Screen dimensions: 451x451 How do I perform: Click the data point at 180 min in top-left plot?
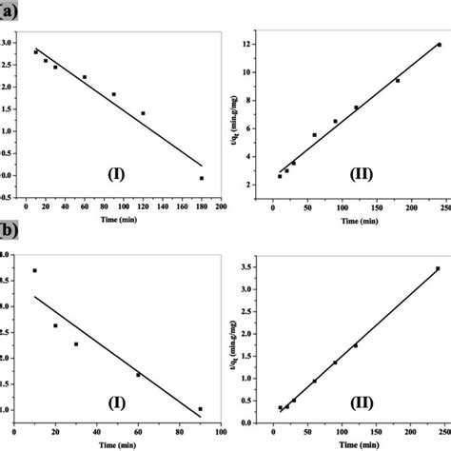(x=201, y=178)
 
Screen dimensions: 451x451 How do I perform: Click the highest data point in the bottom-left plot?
(x=35, y=270)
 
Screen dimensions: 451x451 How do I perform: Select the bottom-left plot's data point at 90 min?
(x=200, y=409)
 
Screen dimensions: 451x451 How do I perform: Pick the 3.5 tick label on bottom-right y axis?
(x=248, y=266)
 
